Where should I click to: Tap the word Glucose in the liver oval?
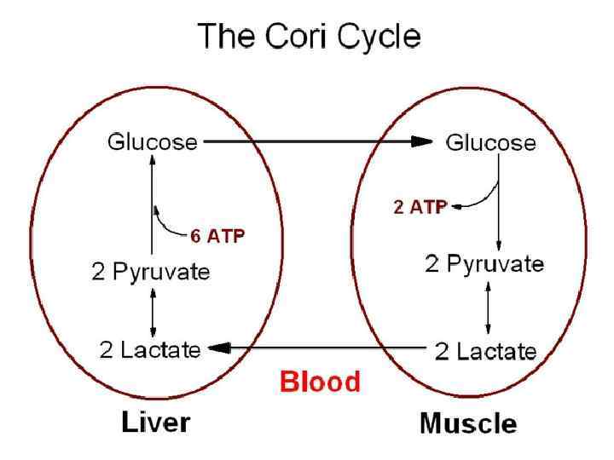151,141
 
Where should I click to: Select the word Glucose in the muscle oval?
491,142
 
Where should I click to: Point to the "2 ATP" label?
420,207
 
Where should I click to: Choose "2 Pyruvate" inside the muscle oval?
484,264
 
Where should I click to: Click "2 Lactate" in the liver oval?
150,348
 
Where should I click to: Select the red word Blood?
321,381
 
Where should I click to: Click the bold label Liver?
155,422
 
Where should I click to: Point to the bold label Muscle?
467,423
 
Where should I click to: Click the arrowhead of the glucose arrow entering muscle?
423,142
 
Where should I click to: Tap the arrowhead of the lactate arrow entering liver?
217,348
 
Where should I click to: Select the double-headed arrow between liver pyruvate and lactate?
153,311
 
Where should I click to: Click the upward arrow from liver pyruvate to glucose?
152,204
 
